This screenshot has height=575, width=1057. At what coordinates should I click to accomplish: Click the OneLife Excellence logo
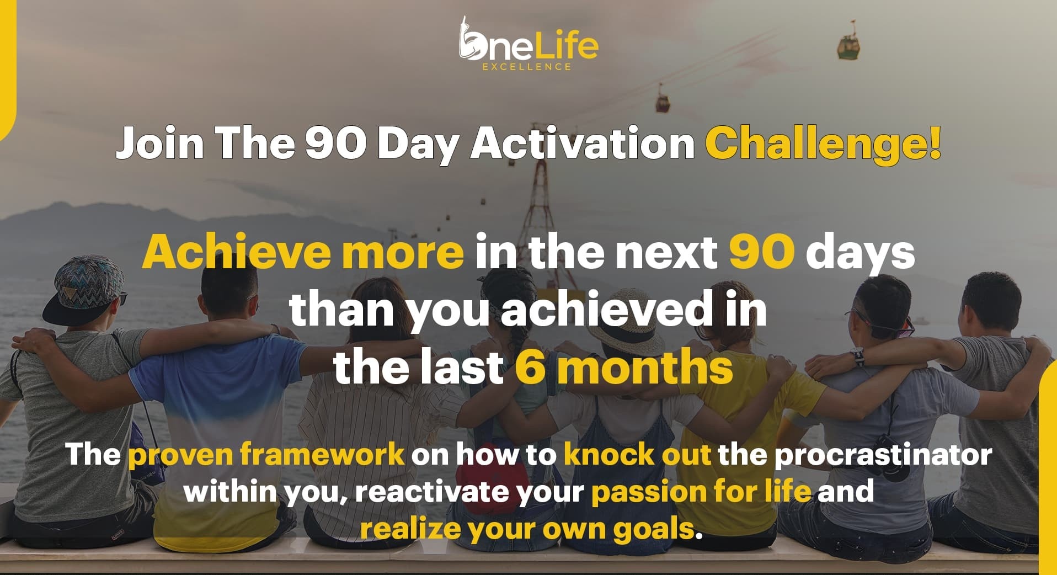(x=528, y=44)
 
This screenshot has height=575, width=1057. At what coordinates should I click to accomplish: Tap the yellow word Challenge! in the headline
(x=824, y=143)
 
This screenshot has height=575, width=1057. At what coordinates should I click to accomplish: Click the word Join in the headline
(x=160, y=143)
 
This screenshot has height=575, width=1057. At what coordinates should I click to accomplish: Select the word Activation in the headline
(x=583, y=143)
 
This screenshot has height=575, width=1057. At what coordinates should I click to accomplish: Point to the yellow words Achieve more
(x=303, y=251)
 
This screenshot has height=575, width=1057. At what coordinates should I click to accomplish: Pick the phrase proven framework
(x=266, y=455)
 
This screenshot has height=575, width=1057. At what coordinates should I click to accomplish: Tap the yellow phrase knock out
(x=638, y=454)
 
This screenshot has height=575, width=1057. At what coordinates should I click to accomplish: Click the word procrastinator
(x=883, y=455)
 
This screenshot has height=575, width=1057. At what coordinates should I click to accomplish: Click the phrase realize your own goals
(x=527, y=529)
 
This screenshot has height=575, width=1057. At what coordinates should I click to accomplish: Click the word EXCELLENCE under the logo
(x=527, y=67)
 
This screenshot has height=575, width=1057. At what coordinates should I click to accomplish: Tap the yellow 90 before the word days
(x=762, y=251)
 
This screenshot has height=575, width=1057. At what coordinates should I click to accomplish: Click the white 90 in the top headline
(x=336, y=143)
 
